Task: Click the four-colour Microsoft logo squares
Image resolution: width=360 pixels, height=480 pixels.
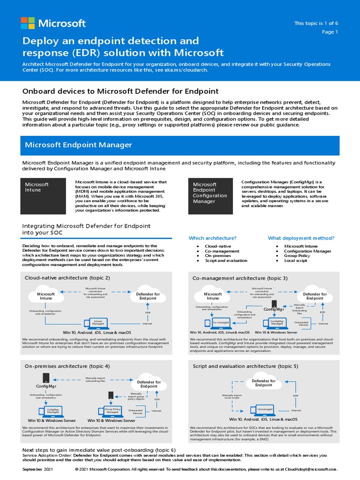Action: [28, 23]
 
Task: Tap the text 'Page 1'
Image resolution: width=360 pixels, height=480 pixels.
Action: [330, 32]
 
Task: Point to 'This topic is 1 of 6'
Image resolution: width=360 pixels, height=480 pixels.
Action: [316, 23]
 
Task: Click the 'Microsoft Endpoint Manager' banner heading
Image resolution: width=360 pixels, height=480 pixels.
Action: [78, 145]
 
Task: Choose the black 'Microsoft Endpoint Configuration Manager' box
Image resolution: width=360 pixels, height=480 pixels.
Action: [211, 195]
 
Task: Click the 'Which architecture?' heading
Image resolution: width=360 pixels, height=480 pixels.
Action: [212, 238]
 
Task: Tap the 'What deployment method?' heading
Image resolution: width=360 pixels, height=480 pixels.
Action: [301, 238]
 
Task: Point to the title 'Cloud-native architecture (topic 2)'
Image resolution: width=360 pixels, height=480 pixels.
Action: [67, 278]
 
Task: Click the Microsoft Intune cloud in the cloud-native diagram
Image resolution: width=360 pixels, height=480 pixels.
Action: [46, 296]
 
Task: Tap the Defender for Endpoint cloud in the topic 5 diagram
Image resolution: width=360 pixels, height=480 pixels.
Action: [263, 383]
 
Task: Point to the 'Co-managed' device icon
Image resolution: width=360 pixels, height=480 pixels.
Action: [219, 322]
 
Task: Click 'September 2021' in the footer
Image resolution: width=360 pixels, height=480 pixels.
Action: [38, 469]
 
